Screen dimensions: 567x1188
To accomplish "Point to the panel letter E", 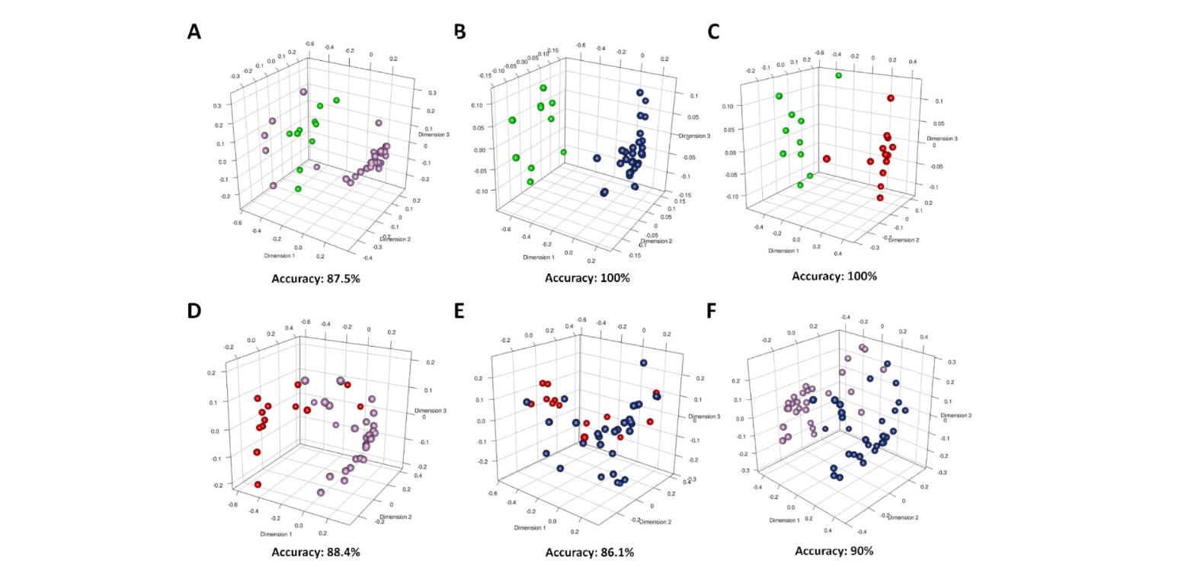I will [460, 312].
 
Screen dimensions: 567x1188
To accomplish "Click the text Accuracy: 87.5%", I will [315, 278].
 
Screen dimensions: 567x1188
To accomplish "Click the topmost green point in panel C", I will [838, 75].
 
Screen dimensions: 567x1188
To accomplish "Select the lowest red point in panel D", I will [258, 485].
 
